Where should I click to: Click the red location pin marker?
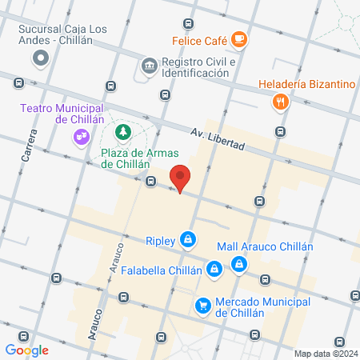180,178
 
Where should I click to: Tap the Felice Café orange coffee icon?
238,38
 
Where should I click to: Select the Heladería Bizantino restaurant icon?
279,102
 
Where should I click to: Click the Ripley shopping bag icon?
187,239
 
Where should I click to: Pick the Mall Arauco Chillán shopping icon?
239,264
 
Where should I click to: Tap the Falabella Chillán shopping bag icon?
214,270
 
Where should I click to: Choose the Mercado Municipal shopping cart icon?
204,305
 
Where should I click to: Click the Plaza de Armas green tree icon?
123,130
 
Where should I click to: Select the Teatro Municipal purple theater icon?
81,137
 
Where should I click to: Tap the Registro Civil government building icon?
148,65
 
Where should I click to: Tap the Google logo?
26,350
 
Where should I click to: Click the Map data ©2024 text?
325,353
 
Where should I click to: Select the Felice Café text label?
198,38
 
